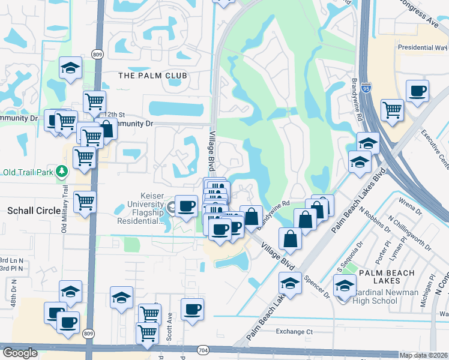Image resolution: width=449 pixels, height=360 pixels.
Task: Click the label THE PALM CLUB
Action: tap(152, 76)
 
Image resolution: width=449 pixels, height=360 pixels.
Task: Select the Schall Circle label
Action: tap(31, 211)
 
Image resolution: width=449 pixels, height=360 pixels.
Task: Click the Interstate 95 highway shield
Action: tap(366, 89)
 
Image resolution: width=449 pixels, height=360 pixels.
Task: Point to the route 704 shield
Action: tap(202, 349)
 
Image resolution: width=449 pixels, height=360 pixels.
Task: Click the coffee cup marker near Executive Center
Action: tap(417, 91)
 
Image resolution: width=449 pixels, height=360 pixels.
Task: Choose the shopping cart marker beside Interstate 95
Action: tap(392, 110)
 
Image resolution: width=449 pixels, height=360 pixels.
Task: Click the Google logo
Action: tap(20, 353)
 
